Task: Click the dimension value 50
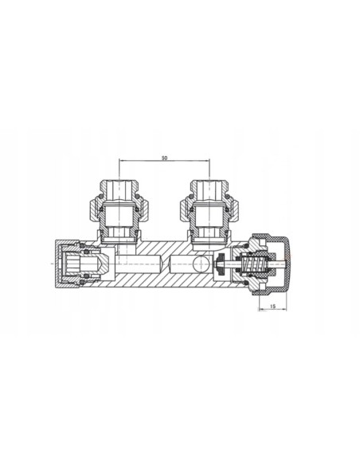pos(164,158)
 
